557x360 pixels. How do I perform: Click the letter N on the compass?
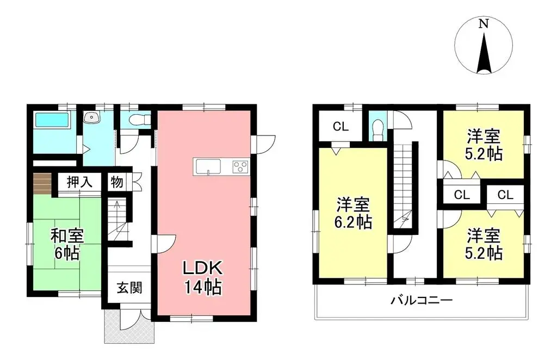click(482, 24)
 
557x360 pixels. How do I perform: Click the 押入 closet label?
click(79, 182)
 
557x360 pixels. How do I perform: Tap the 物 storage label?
click(116, 182)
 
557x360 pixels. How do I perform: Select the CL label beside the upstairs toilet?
click(341, 127)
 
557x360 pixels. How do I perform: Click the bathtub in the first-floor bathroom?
click(52, 121)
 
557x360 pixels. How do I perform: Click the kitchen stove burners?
click(240, 166)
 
